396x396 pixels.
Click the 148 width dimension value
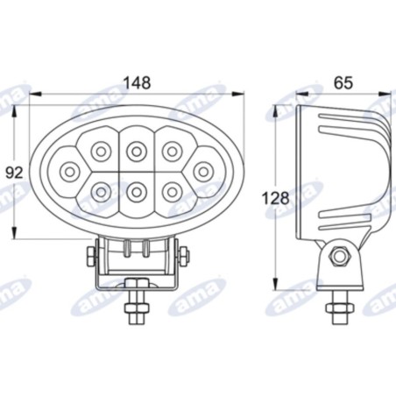(x=137, y=82)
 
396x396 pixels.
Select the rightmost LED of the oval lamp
(x=203, y=168)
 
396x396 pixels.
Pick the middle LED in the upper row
(x=136, y=151)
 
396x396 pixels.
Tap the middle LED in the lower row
(x=136, y=187)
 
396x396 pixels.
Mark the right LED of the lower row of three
(x=170, y=187)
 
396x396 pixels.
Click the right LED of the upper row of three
(x=170, y=151)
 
